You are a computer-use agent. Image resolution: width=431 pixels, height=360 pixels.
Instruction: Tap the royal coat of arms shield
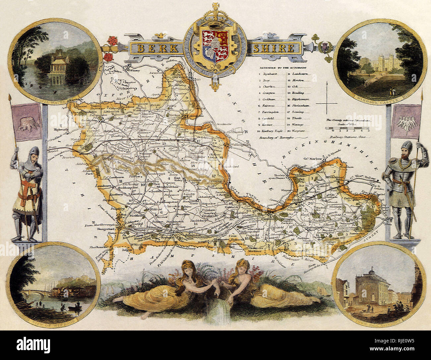pos(215,46)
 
